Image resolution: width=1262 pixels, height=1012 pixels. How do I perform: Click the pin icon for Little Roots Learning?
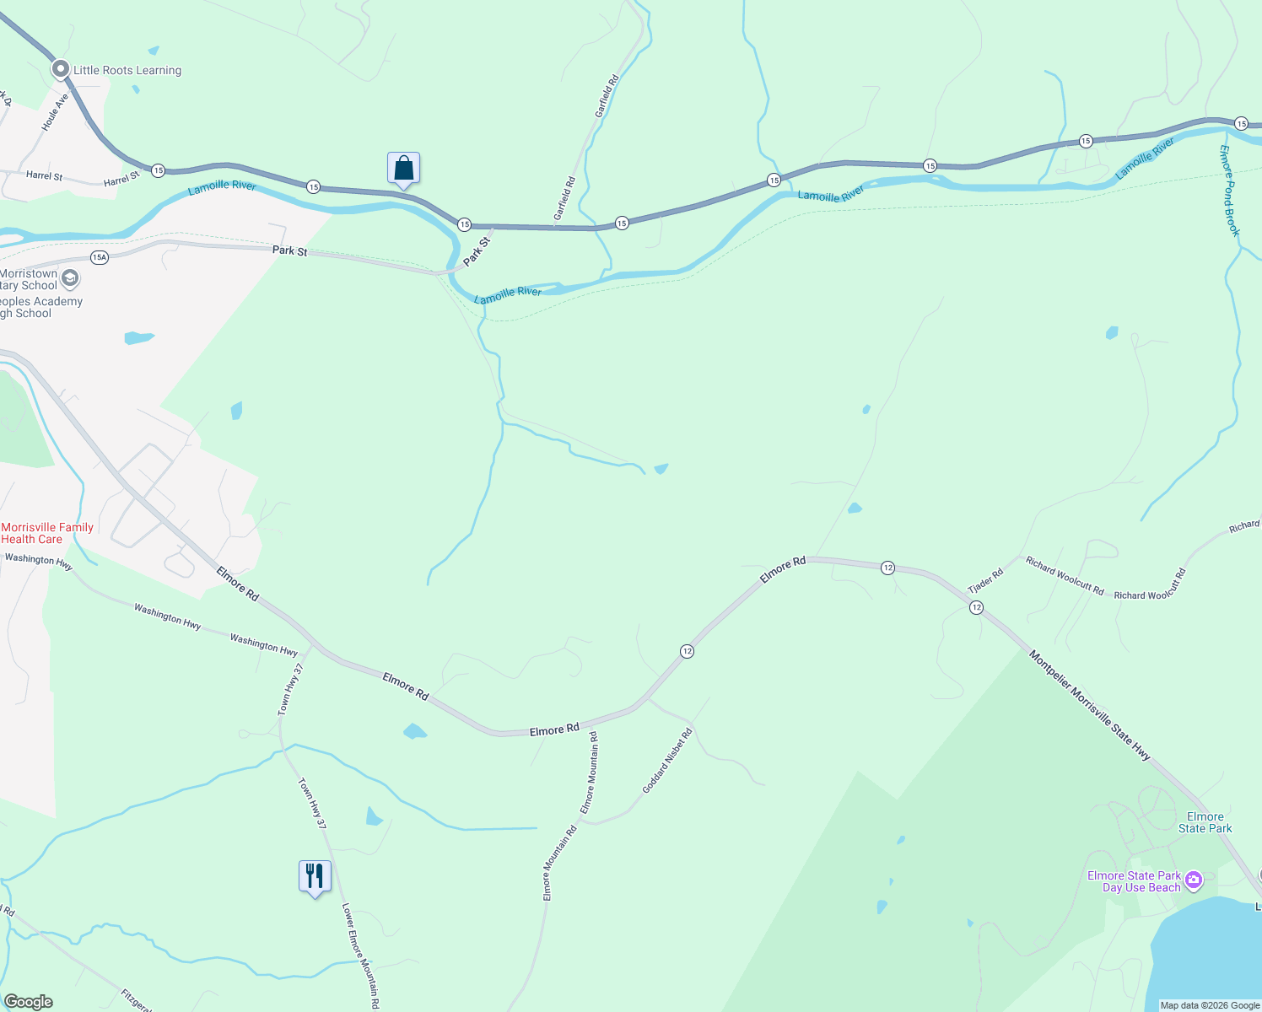coord(60,69)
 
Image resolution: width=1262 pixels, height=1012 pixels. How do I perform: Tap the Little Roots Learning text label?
coord(127,71)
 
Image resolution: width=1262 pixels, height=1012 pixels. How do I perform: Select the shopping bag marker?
coord(403,169)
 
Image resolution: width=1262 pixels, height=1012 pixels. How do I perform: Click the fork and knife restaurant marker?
coord(315,877)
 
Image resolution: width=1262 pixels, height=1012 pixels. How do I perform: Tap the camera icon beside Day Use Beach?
coord(1194,880)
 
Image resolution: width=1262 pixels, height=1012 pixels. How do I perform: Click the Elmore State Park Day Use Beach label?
coord(1134,881)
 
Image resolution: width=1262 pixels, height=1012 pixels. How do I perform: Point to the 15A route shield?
coord(100,257)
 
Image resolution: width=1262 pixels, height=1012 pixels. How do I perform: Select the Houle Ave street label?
coord(56,112)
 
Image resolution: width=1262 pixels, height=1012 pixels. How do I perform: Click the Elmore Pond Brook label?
coord(1230,191)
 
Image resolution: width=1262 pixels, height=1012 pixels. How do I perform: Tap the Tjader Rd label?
coord(985,580)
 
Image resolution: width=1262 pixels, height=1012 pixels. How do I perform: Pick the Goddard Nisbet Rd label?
coord(667,761)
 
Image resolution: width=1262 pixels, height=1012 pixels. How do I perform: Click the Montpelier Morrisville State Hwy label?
coord(1090,705)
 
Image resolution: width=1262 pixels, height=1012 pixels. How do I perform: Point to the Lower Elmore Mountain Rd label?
coord(360,956)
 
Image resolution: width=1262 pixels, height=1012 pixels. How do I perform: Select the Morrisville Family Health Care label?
coord(47,533)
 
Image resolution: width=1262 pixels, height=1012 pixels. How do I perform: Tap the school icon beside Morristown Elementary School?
coord(71,277)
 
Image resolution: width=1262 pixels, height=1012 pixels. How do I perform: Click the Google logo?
coord(28,1002)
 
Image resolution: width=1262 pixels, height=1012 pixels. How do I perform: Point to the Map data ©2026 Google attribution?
coord(1210,1005)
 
